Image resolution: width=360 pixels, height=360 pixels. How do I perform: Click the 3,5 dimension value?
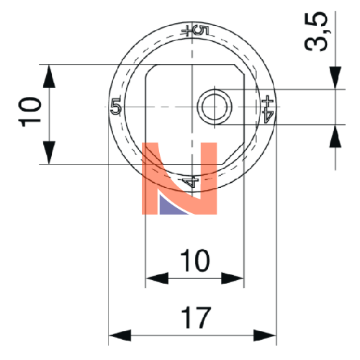[316, 31]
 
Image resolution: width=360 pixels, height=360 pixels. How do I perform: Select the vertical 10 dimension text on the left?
[30, 112]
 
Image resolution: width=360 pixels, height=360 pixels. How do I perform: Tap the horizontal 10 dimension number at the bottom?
[195, 261]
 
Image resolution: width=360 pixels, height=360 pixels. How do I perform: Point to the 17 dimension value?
[196, 318]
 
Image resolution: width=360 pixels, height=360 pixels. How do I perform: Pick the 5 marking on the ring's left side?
[116, 106]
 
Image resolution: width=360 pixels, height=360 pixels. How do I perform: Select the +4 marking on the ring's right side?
[269, 109]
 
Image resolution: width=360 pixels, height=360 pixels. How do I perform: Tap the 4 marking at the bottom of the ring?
[190, 181]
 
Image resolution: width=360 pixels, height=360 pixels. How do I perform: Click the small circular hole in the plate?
[215, 107]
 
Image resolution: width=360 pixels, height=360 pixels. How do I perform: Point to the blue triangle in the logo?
[169, 206]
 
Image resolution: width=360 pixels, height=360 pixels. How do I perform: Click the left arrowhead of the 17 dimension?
[120, 336]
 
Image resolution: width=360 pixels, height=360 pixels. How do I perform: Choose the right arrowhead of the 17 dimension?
[265, 336]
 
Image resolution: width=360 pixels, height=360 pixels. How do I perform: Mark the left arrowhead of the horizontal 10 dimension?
[157, 278]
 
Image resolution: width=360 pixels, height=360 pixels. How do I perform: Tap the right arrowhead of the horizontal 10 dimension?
[233, 278]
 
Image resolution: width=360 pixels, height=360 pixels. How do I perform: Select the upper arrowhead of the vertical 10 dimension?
[49, 76]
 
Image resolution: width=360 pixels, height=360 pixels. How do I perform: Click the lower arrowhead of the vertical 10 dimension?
[49, 153]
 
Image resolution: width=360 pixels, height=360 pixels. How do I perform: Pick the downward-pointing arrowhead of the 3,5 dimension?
[336, 78]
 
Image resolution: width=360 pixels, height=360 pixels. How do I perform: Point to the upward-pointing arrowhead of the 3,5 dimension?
[336, 136]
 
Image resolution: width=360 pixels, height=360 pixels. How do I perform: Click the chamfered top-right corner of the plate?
[239, 70]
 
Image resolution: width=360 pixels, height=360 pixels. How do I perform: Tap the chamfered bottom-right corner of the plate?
[233, 153]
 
